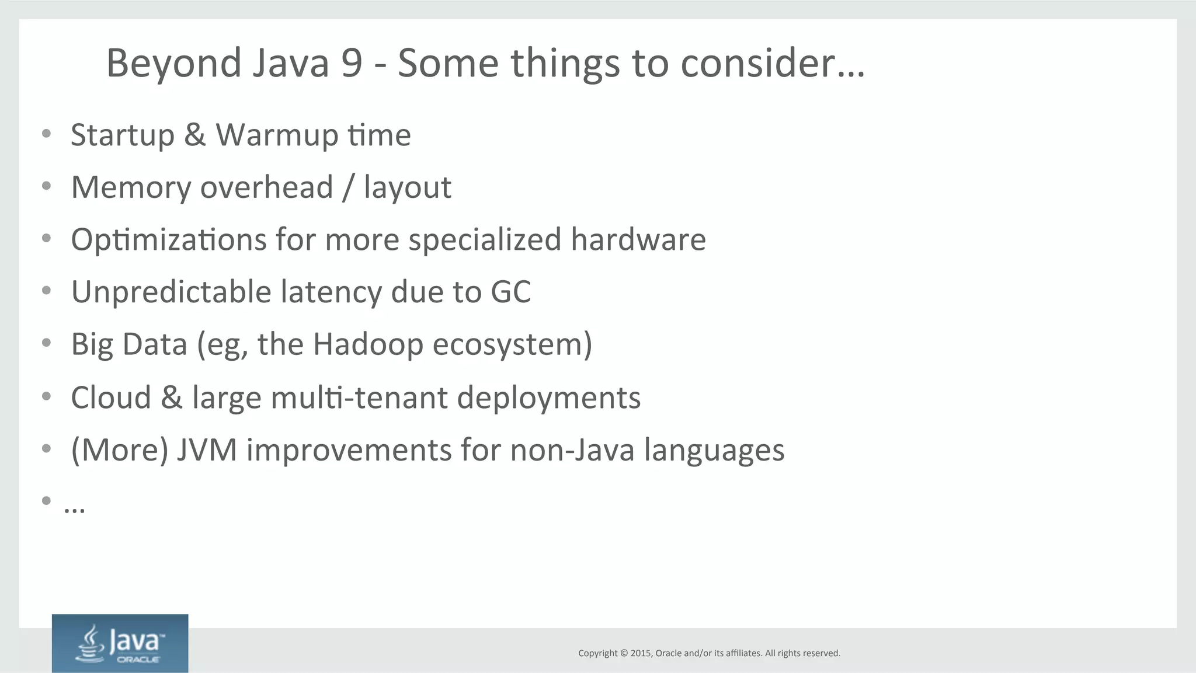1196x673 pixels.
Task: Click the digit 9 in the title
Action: (x=352, y=63)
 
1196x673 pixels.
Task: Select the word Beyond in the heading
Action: (x=173, y=63)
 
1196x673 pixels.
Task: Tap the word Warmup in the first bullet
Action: (x=277, y=135)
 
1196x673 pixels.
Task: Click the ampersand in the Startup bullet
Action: (x=195, y=135)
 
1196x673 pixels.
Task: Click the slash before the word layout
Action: (x=348, y=187)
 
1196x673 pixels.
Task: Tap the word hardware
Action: (x=638, y=240)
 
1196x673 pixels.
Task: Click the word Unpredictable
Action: (x=171, y=292)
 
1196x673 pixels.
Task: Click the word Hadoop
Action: (x=367, y=344)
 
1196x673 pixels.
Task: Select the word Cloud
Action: (x=111, y=397)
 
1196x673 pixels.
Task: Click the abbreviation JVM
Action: (x=207, y=450)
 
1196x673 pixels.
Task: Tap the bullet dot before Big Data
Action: (x=47, y=343)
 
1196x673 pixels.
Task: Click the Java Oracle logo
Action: (x=120, y=643)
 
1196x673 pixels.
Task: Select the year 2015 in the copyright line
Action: (x=641, y=653)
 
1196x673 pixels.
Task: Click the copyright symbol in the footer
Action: (x=624, y=653)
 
